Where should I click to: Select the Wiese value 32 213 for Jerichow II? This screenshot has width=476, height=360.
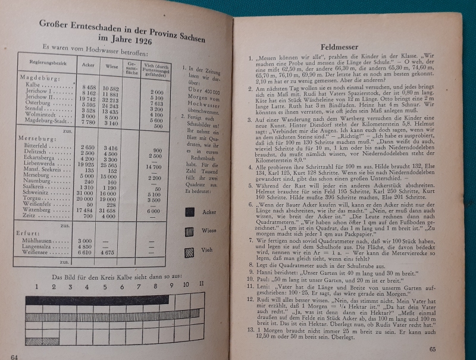pos(111,99)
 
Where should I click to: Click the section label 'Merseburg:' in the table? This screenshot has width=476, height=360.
pos(35,138)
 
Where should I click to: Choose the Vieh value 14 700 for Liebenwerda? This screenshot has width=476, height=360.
pos(154,167)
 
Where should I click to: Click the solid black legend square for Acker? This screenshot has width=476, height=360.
pos(191,211)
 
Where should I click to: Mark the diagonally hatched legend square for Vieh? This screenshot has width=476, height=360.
pos(190,252)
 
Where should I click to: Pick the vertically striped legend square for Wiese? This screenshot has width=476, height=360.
pos(190,231)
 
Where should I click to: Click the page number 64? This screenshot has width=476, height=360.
pos(15,356)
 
